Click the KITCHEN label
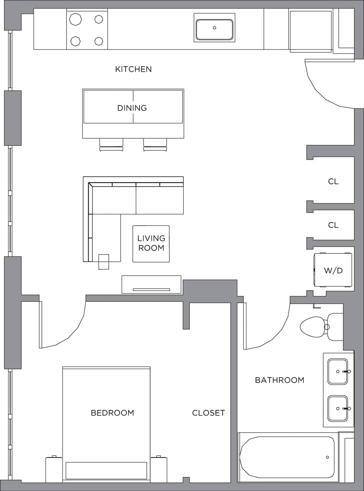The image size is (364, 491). pyautogui.click(x=133, y=69)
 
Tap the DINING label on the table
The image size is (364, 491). pyautogui.click(x=132, y=108)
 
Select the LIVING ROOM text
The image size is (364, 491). pyautogui.click(x=151, y=243)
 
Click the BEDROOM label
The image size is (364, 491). pyautogui.click(x=112, y=413)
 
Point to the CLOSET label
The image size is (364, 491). pyautogui.click(x=208, y=413)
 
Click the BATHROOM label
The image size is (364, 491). pyautogui.click(x=280, y=380)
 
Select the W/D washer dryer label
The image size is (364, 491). pyautogui.click(x=333, y=270)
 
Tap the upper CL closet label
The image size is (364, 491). pyautogui.click(x=333, y=181)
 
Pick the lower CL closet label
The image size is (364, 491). pyautogui.click(x=333, y=225)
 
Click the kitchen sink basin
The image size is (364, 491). pyautogui.click(x=214, y=29)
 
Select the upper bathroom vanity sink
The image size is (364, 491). pyautogui.click(x=338, y=371)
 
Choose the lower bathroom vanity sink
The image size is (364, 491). pyautogui.click(x=338, y=409)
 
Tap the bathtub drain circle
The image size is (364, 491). pyautogui.click(x=327, y=457)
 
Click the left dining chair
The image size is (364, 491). pyautogui.click(x=111, y=144)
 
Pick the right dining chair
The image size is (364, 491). pyautogui.click(x=155, y=144)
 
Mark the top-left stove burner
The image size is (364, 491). pyautogui.click(x=75, y=19)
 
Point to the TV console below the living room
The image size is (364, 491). pyautogui.click(x=151, y=284)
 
